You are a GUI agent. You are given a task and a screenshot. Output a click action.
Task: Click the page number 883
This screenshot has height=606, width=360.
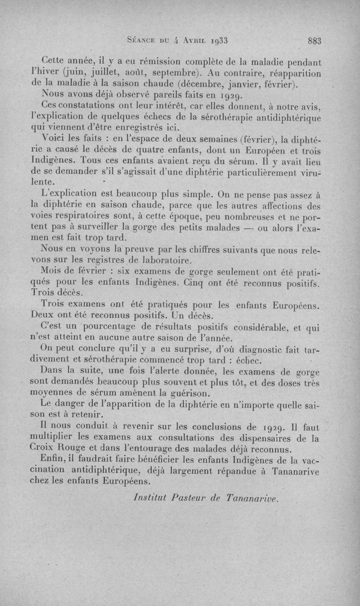coord(314,40)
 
